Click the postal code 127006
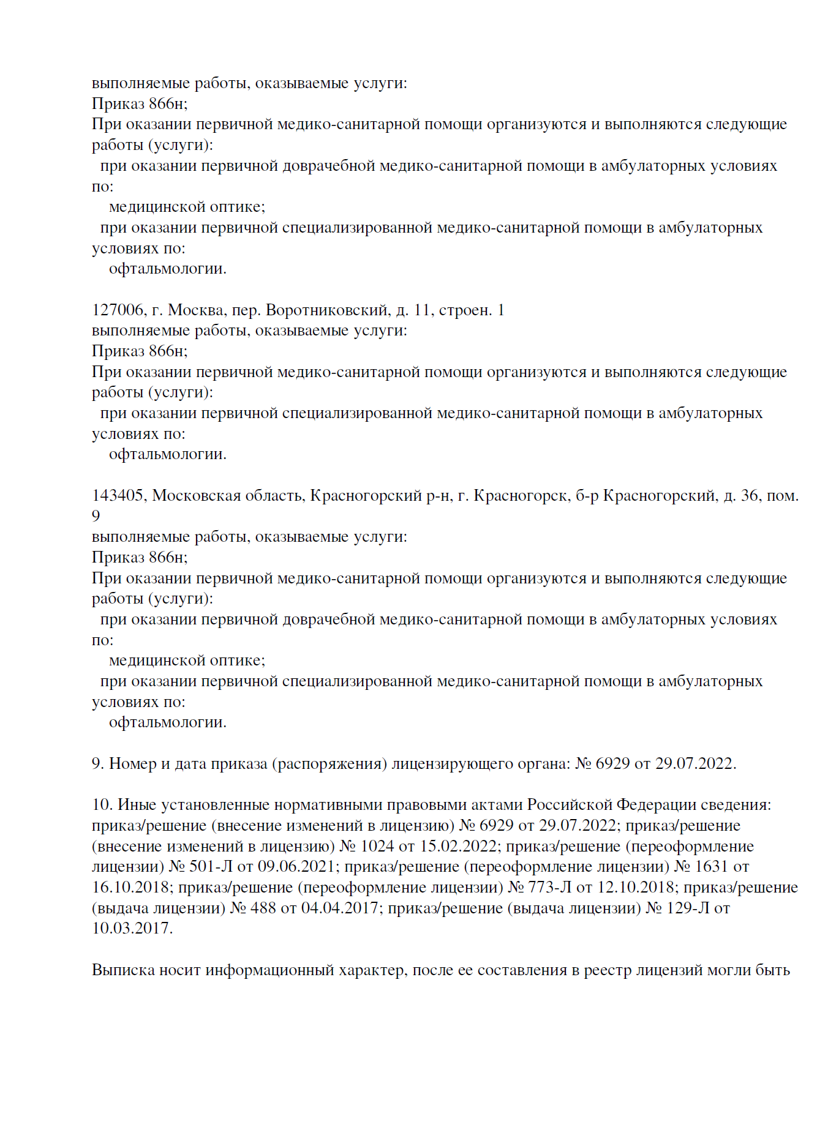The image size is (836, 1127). coord(118,310)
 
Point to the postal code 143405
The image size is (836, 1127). coord(118,495)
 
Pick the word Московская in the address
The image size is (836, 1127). coord(197,495)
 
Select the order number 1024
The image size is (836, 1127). coord(378,846)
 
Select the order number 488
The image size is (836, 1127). coord(263,908)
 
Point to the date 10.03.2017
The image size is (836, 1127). coord(131,929)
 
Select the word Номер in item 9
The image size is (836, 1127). coord(135,764)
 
